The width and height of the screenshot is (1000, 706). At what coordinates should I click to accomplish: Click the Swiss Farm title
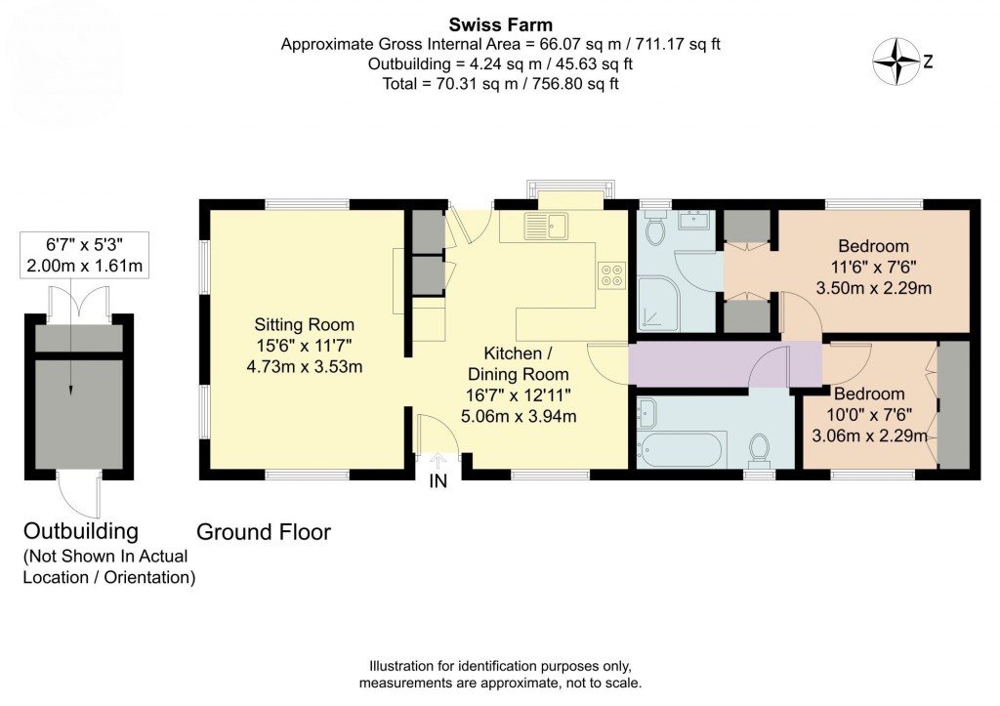click(500, 23)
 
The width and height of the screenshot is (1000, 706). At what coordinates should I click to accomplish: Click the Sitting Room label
click(305, 324)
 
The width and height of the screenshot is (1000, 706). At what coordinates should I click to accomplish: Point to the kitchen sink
click(545, 227)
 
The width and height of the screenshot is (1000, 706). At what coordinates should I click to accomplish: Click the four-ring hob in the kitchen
click(611, 276)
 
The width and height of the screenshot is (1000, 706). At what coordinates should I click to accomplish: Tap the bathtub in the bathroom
click(682, 449)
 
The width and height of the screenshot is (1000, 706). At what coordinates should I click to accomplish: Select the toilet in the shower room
click(655, 230)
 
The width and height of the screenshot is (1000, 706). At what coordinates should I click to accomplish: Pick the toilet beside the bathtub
click(759, 448)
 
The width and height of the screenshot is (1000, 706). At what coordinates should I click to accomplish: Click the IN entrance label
click(438, 481)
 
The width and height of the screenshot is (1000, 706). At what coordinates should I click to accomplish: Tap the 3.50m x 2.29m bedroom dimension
click(873, 288)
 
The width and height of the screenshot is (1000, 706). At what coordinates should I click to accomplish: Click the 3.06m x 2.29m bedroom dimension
click(869, 436)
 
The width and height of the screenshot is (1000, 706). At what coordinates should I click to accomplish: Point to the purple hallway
click(723, 364)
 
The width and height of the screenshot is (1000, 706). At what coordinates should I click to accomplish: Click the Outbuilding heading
click(95, 531)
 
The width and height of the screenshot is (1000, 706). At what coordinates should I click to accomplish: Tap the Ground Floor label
click(264, 532)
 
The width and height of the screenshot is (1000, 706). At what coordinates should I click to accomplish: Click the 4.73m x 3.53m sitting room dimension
click(305, 367)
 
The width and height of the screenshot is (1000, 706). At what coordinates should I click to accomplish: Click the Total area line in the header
click(500, 84)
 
